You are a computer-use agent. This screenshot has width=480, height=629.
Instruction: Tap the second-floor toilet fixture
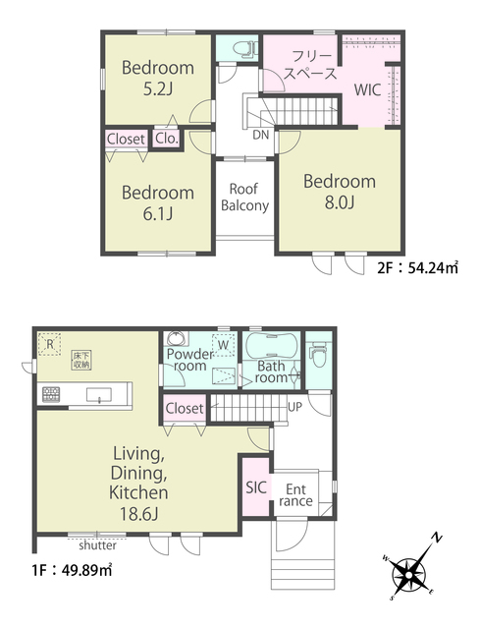243,49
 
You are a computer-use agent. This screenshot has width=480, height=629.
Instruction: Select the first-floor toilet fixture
319,354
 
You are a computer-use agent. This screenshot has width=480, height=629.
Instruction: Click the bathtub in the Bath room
271,345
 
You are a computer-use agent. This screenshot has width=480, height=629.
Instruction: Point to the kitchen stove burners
50,394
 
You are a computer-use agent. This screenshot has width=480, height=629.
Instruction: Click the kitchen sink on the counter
99,395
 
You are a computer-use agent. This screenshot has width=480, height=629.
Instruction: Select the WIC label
367,89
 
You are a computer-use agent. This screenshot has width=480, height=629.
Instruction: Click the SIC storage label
256,487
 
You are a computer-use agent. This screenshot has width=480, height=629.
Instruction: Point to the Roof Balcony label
244,197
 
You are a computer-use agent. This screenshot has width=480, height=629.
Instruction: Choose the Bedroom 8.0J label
340,192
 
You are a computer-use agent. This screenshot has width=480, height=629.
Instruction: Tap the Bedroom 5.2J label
158,78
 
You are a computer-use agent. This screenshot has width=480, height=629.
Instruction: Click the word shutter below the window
98,545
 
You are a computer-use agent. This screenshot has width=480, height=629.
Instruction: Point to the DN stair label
261,135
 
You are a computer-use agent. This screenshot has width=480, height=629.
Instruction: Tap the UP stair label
294,407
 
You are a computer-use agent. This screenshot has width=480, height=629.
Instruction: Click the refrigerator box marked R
50,344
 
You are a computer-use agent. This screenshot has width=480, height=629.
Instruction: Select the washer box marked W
224,345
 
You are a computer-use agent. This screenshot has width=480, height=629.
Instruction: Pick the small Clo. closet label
166,139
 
